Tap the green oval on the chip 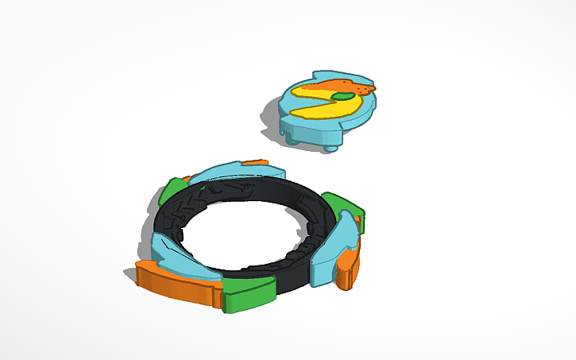point(343,97)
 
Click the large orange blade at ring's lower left point(175,285)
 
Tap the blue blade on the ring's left point(179,254)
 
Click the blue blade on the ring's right point(346,238)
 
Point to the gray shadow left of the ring point(132,274)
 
